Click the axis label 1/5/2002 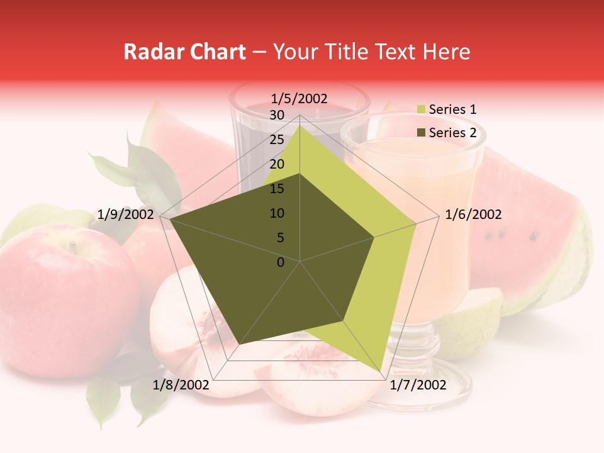coord(299,98)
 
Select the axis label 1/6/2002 coord(473,215)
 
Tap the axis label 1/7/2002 coord(418,385)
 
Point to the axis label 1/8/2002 coord(181,385)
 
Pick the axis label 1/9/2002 coord(126,215)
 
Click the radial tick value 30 coord(277,115)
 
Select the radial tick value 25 coord(277,140)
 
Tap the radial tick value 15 coord(277,189)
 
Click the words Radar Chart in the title coord(184,52)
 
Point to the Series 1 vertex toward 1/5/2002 coord(299,126)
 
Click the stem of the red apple coord(74,247)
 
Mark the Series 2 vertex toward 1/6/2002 coord(374,237)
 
